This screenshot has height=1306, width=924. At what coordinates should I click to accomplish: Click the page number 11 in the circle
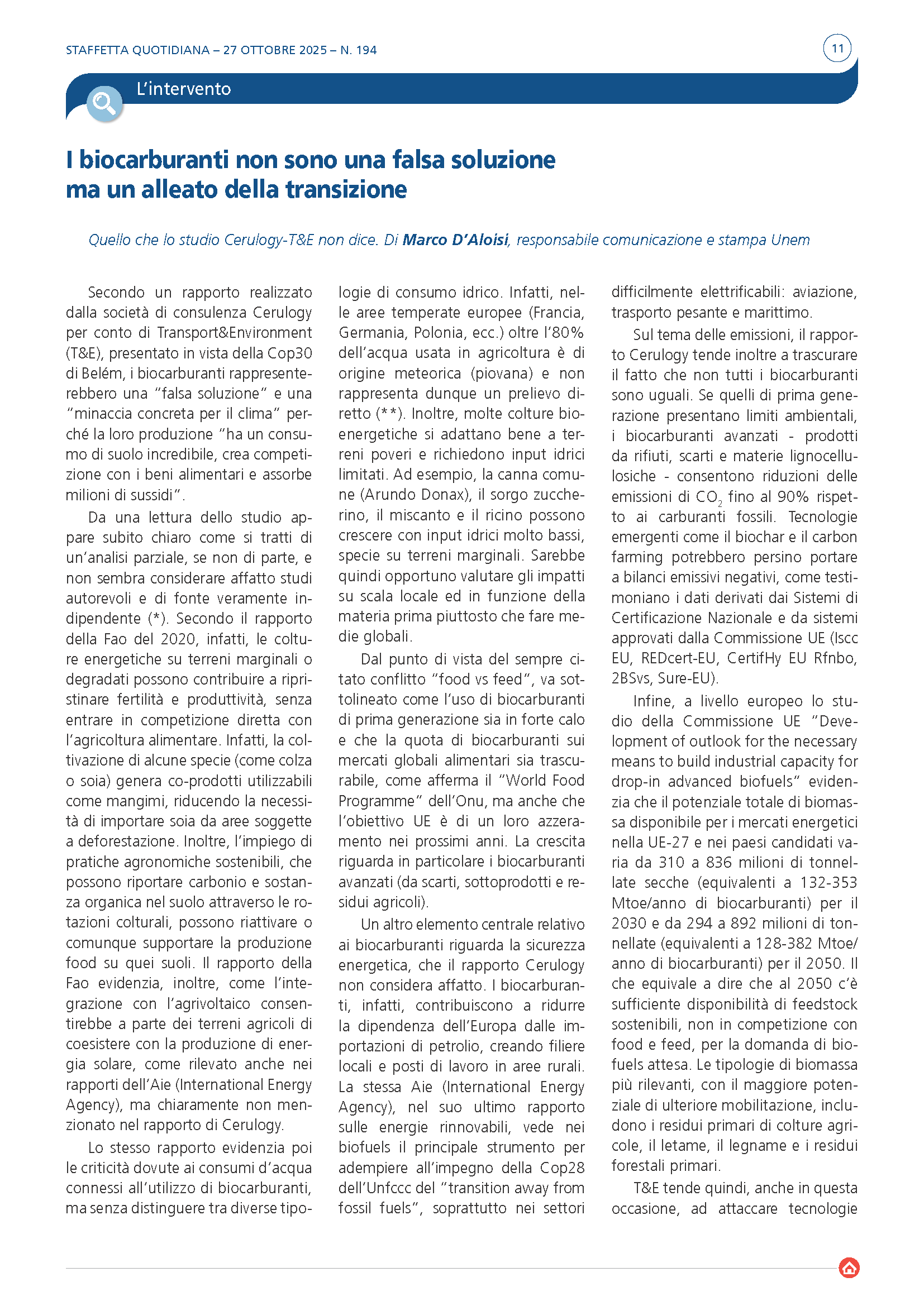[837, 49]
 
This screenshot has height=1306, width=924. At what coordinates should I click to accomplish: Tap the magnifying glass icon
[104, 103]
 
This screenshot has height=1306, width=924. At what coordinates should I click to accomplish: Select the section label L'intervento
[183, 89]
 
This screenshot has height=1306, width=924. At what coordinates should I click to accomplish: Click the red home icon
[849, 1268]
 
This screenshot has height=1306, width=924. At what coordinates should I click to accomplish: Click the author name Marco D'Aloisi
[455, 240]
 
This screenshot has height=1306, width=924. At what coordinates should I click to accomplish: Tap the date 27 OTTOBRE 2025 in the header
[275, 50]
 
